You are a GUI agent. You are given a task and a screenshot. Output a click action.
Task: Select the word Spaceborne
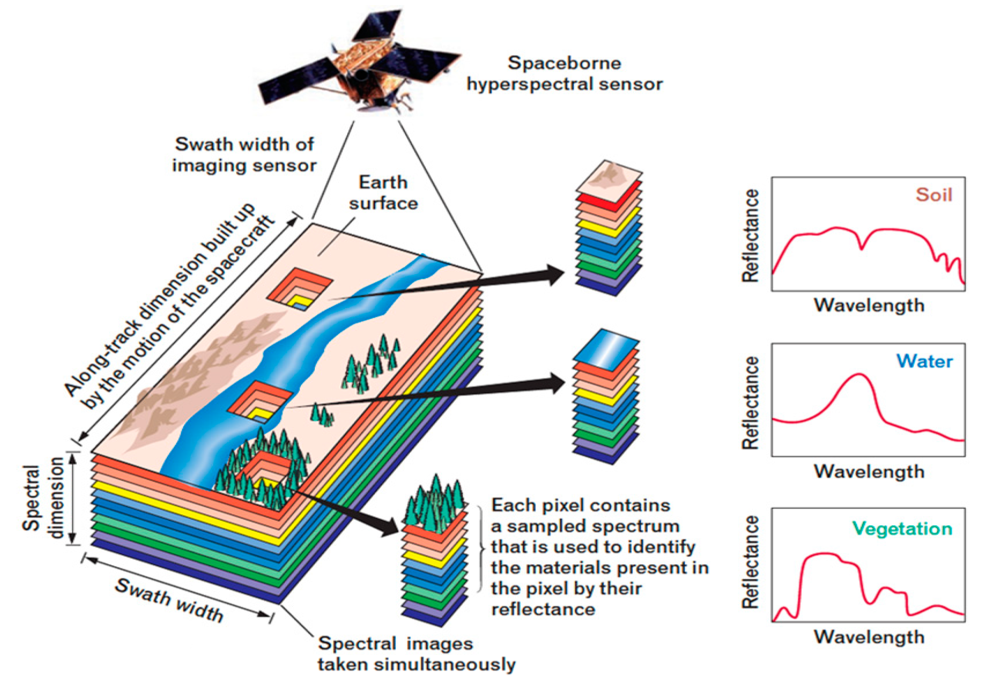click(564, 63)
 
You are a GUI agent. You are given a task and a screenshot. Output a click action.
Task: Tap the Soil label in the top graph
click(934, 195)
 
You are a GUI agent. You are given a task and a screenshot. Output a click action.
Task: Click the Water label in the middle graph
click(924, 361)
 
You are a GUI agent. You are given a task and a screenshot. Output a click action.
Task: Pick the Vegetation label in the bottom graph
click(902, 528)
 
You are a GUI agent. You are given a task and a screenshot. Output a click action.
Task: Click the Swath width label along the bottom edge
click(169, 600)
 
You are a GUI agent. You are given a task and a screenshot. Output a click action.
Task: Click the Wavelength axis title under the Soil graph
click(869, 305)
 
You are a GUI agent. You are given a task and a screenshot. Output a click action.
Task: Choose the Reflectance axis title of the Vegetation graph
click(750, 562)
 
